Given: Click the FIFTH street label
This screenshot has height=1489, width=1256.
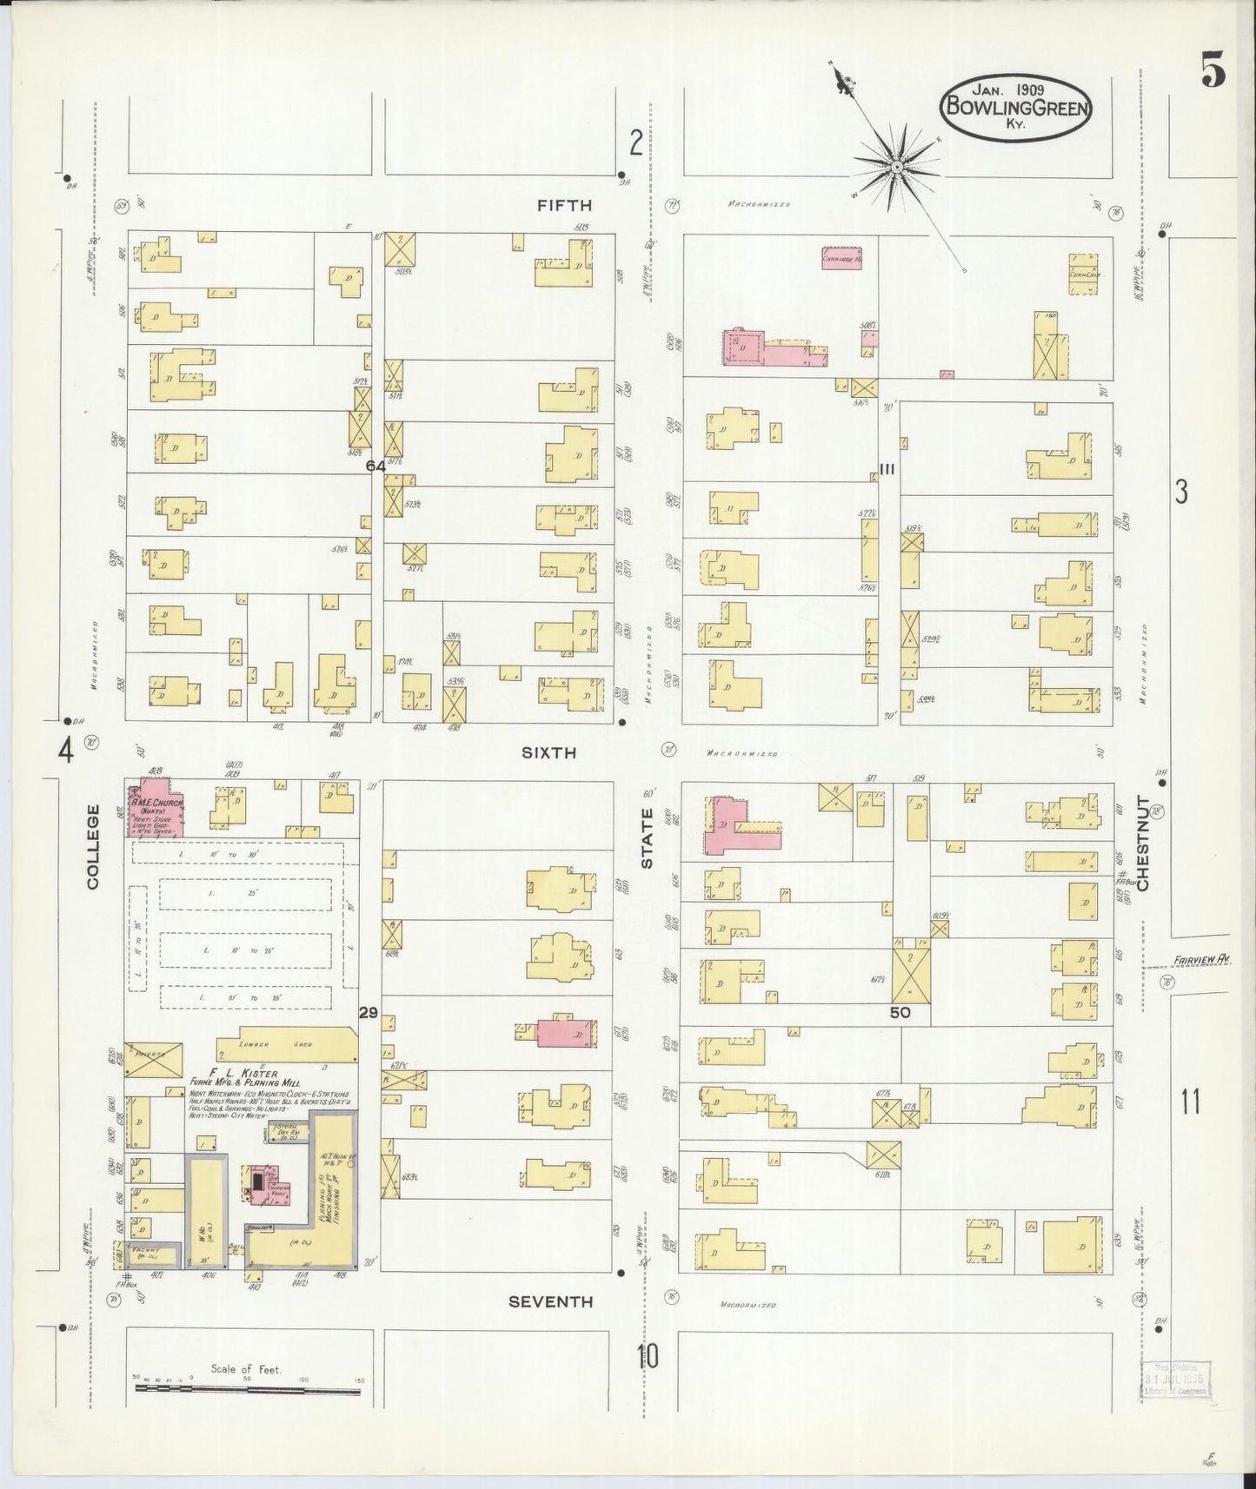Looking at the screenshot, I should [x=564, y=206].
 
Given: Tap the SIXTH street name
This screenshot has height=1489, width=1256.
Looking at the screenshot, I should [x=548, y=753].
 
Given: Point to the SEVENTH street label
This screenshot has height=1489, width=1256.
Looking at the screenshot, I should [x=551, y=1301].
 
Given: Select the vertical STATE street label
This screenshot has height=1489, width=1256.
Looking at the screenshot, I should [x=648, y=838].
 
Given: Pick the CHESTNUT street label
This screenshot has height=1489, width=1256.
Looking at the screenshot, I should [x=1143, y=843].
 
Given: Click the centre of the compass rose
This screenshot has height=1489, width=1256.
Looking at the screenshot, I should [x=896, y=166].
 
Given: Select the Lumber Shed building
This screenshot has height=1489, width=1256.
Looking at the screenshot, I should [x=287, y=1044].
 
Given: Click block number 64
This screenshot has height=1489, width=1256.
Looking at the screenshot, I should [x=375, y=467].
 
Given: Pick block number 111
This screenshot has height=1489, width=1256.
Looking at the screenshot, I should [x=887, y=469].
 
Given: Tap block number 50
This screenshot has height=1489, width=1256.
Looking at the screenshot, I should [x=899, y=1012].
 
